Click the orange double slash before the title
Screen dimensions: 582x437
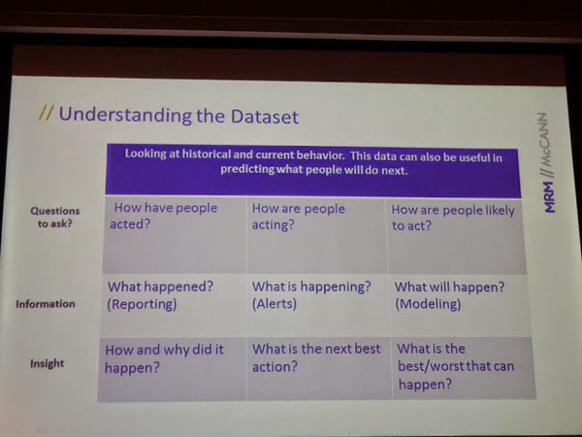point(46,113)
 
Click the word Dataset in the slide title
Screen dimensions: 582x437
point(265,116)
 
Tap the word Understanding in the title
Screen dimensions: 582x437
point(125,115)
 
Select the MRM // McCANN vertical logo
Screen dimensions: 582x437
point(548,162)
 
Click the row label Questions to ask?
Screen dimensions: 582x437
point(55,217)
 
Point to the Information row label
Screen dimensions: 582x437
point(46,304)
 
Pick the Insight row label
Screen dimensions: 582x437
point(48,363)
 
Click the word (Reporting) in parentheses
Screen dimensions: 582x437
point(142,304)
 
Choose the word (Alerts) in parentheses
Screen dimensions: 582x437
point(275,304)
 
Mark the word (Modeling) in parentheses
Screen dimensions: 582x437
point(428,304)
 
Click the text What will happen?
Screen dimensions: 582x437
point(449,286)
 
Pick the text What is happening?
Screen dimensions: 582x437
point(311,286)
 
